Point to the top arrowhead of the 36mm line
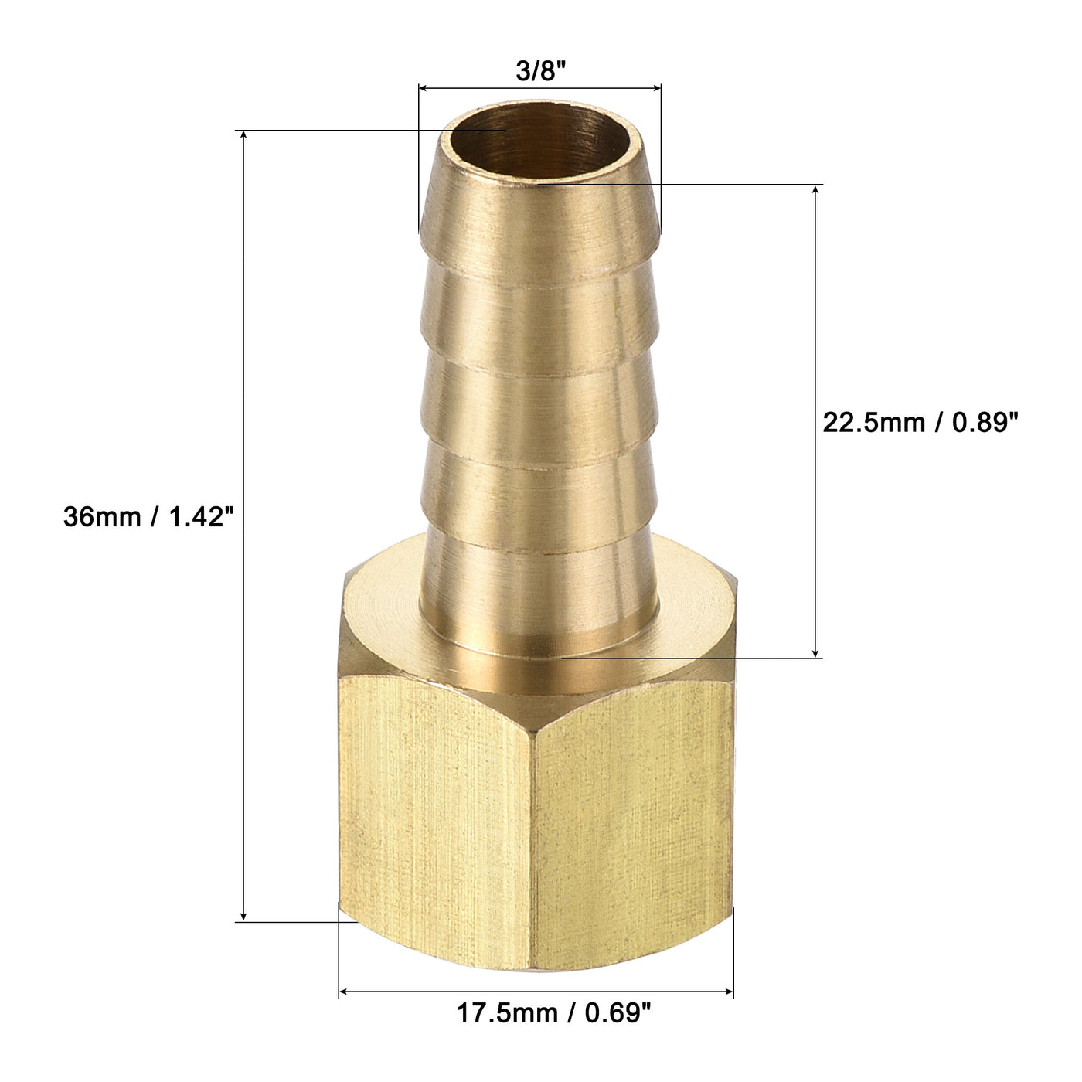pos(244,136)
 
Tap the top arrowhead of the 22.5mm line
pos(816,190)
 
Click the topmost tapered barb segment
pos(539,224)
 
